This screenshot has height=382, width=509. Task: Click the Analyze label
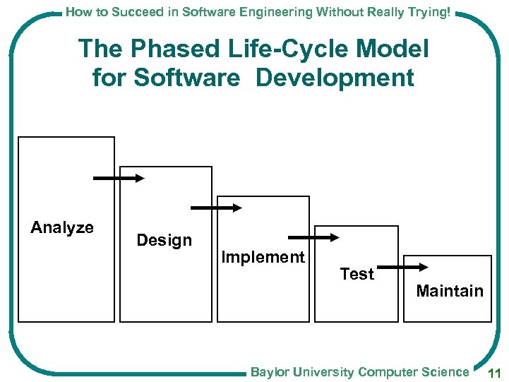tap(62, 227)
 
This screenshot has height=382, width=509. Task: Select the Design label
tap(164, 240)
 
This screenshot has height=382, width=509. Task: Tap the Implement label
tap(263, 257)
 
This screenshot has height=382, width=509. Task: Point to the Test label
tap(357, 274)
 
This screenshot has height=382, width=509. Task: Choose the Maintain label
tap(450, 291)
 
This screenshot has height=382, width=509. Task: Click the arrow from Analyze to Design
tap(118, 179)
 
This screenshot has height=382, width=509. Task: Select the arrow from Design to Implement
tap(216, 208)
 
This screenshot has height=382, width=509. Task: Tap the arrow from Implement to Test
tap(313, 238)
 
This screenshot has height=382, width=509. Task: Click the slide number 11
tap(494, 373)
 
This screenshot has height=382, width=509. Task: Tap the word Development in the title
tap(335, 78)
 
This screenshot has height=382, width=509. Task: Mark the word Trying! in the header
tap(430, 11)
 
